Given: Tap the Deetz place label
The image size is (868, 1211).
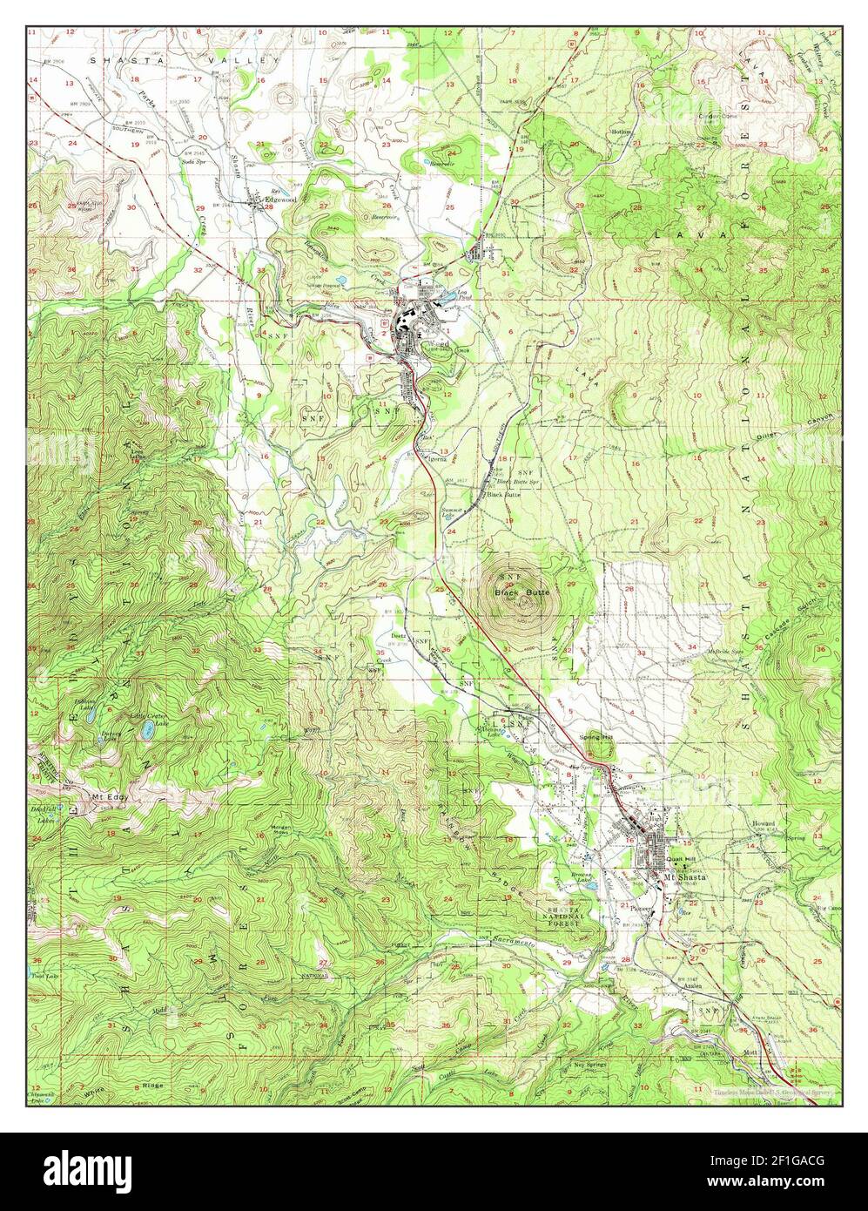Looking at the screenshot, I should coord(399,636).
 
